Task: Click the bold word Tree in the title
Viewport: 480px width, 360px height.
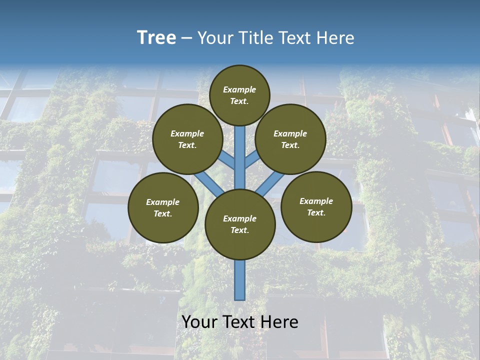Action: pos(156,38)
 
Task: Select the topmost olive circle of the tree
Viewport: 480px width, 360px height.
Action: pos(239,95)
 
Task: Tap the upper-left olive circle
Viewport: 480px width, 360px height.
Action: pos(187,139)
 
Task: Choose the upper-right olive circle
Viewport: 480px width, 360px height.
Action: pos(290,139)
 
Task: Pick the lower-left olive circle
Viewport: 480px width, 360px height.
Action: pos(163,208)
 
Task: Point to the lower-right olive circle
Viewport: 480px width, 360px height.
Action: pos(316,207)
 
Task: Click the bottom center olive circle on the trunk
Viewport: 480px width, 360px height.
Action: pos(240,224)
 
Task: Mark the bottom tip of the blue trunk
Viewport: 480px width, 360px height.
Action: pos(240,298)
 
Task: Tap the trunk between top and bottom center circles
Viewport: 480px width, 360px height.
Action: pos(240,157)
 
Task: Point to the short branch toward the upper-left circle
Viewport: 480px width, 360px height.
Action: pos(227,159)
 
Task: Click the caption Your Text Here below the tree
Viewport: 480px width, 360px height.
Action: pos(240,322)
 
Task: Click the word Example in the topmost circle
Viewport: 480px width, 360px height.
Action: pos(239,89)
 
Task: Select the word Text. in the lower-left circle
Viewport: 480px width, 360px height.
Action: pos(163,214)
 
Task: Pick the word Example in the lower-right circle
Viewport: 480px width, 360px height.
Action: pos(316,201)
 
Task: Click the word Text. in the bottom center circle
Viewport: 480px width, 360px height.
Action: pos(240,230)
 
